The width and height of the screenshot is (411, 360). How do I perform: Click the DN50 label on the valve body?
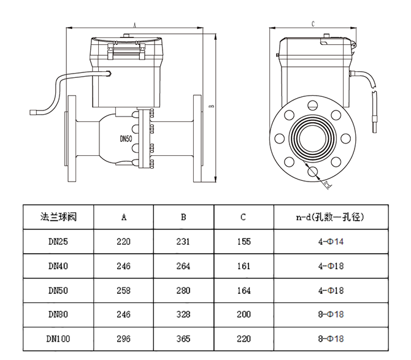[126, 139]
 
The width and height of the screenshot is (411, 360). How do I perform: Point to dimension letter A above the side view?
[134, 25]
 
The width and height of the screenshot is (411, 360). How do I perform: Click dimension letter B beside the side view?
[210, 105]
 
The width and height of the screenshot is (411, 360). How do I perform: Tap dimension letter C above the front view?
[313, 24]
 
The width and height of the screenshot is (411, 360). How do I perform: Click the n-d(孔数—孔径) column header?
[329, 217]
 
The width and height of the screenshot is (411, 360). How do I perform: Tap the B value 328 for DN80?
[183, 315]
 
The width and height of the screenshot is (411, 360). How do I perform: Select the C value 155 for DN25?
[244, 242]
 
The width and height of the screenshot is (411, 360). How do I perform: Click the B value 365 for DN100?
[183, 339]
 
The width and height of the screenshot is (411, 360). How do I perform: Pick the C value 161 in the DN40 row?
[244, 266]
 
